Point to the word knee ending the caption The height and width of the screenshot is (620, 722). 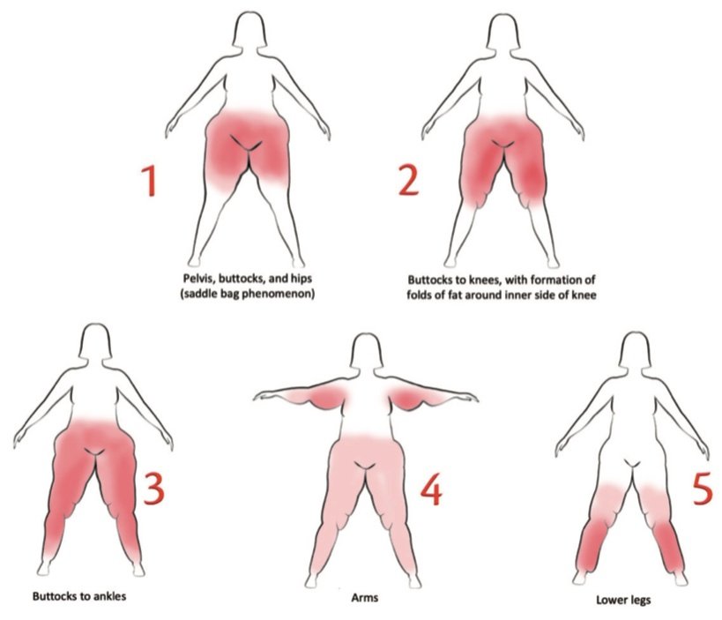tap(584, 295)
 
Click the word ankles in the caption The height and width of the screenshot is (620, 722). tap(109, 596)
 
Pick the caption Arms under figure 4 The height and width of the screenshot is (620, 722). tap(365, 598)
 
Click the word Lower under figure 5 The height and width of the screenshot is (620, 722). tap(610, 600)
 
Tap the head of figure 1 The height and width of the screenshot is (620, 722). tap(249, 28)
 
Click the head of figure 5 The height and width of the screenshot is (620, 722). tap(635, 349)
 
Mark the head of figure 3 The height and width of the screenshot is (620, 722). tap(95, 340)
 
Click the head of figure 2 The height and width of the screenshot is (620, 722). tap(503, 30)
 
